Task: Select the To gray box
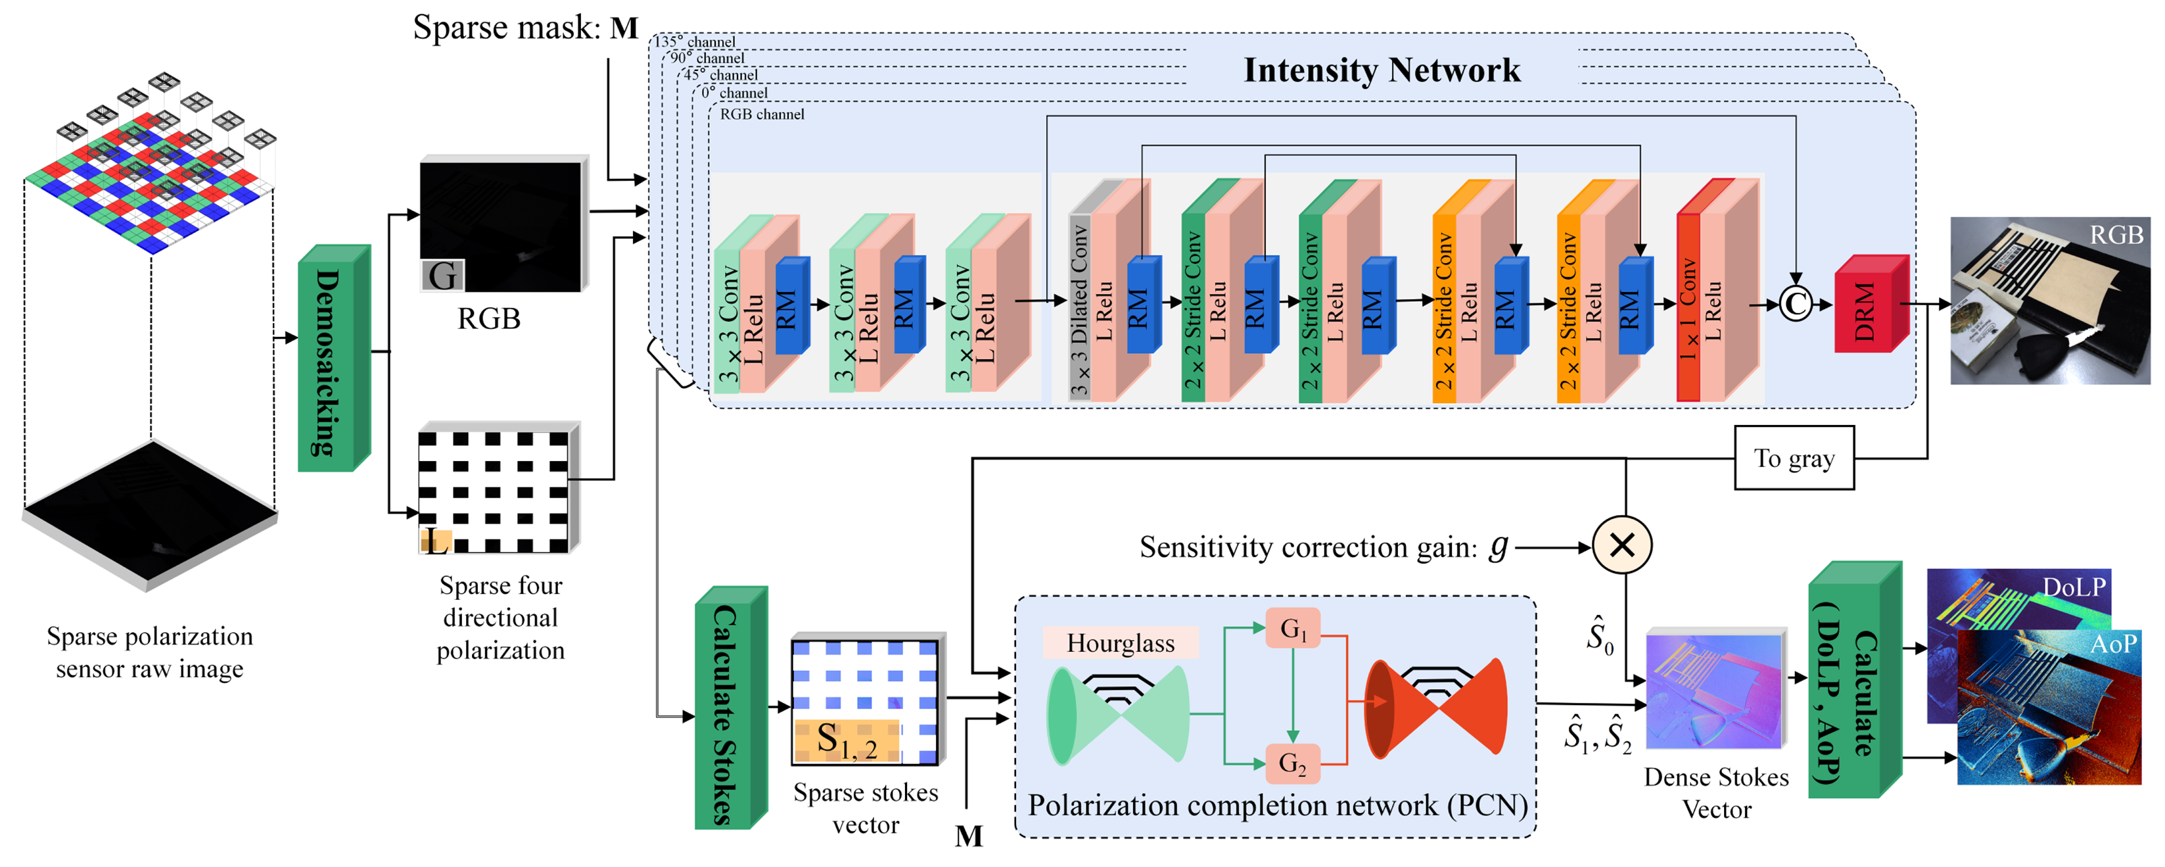(x=1794, y=458)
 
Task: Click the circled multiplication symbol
(x=1621, y=545)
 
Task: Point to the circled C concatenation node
(x=1795, y=305)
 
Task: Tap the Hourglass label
(x=1121, y=643)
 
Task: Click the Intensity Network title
(x=1382, y=70)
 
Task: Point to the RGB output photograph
(x=2049, y=301)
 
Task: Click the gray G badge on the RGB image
(x=442, y=275)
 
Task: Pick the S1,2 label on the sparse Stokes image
(x=847, y=741)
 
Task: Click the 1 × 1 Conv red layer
(x=1688, y=308)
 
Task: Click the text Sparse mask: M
(x=525, y=28)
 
